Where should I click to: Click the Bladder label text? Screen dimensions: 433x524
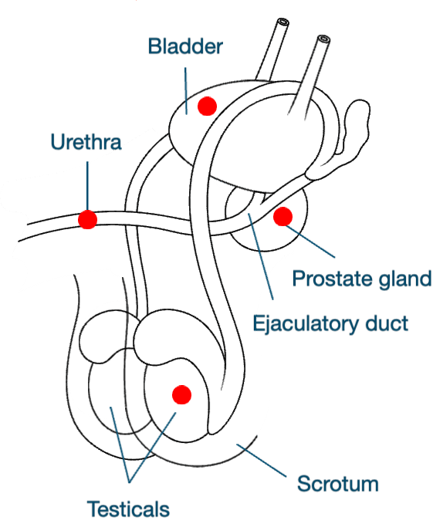[x=185, y=46]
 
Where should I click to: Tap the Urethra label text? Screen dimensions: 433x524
[x=86, y=142]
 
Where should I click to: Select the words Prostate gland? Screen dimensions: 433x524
[x=362, y=279]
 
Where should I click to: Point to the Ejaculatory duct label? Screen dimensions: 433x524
[x=330, y=323]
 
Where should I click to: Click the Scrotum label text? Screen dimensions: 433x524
[x=338, y=484]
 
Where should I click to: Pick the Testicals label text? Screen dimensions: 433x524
[x=128, y=509]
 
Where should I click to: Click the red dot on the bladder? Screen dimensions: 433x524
[x=207, y=106]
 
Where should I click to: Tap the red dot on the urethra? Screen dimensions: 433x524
[x=87, y=220]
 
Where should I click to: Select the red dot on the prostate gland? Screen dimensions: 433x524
[x=283, y=217]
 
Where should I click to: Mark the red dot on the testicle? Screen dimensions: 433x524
[x=181, y=394]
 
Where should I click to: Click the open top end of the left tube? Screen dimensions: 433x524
[x=282, y=22]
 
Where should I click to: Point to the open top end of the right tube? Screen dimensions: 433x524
[x=323, y=39]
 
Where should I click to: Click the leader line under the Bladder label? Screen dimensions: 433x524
[x=186, y=91]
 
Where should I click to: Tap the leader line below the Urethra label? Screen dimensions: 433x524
[x=87, y=186]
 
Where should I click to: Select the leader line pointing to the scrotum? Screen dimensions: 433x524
[x=262, y=460]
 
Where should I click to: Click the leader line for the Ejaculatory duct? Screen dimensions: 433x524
[x=261, y=256]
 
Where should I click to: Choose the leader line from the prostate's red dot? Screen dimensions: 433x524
[x=310, y=242]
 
